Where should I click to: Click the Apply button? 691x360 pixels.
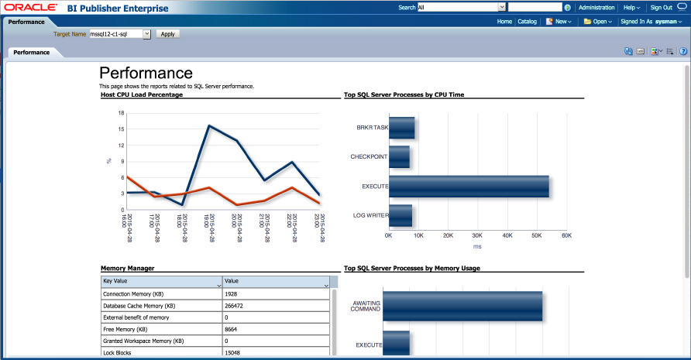[x=167, y=34]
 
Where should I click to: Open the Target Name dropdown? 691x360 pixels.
[x=146, y=34]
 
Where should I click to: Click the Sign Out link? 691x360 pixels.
[x=661, y=7]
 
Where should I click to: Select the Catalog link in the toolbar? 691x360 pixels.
[x=527, y=22]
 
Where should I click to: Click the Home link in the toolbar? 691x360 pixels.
[x=504, y=22]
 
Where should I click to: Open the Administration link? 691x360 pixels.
[x=596, y=7]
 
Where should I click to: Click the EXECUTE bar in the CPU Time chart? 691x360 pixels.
[x=469, y=187]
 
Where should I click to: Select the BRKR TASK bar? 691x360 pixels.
[x=401, y=128]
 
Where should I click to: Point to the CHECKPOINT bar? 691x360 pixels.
[x=399, y=157]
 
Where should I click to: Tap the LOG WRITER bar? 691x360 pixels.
[x=401, y=215]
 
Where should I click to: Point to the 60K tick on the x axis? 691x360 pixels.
[x=566, y=235]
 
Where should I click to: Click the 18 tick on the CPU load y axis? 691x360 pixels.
[x=122, y=113]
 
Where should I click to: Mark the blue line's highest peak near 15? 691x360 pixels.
[x=208, y=125]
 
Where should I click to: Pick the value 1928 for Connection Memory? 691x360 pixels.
[x=231, y=294]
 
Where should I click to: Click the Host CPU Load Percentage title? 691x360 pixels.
[x=142, y=94]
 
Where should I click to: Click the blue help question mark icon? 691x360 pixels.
[x=683, y=51]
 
